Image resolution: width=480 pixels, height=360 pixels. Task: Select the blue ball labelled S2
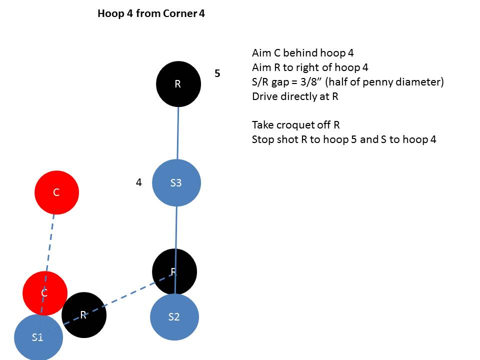click(174, 317)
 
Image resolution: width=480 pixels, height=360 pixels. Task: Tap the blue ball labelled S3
click(176, 182)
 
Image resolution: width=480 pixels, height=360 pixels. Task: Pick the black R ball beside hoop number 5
click(178, 84)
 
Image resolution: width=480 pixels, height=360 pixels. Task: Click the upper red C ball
click(56, 192)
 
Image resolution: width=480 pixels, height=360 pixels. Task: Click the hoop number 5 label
click(217, 73)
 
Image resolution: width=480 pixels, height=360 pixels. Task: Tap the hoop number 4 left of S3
click(139, 182)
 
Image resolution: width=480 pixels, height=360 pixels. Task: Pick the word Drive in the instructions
click(264, 96)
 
